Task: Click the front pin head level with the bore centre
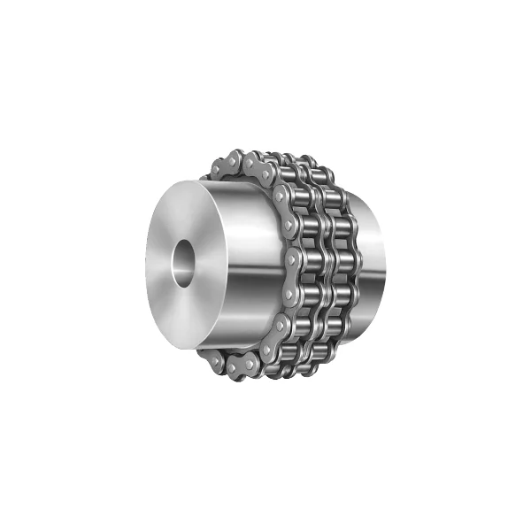290,263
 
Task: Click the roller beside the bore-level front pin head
305,263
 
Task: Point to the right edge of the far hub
384,265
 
